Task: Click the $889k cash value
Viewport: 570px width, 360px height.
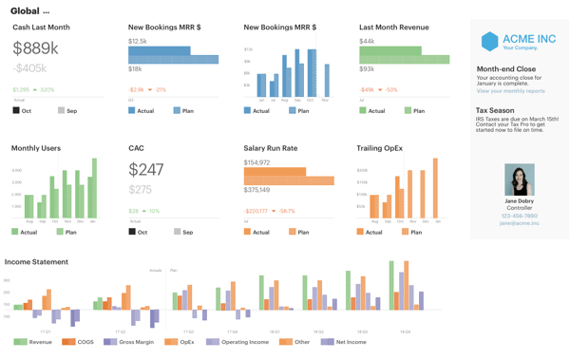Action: pyautogui.click(x=36, y=48)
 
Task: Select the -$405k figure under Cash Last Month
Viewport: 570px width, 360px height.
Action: pyautogui.click(x=29, y=68)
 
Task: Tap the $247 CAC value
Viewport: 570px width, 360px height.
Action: pyautogui.click(x=146, y=170)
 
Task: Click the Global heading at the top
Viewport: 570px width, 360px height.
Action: pyautogui.click(x=25, y=10)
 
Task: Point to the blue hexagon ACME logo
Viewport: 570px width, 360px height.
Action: pyautogui.click(x=489, y=41)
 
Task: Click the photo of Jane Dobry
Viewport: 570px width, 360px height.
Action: pyautogui.click(x=519, y=180)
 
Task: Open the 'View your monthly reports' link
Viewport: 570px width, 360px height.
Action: pyautogui.click(x=510, y=91)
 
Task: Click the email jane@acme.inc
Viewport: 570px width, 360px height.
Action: pyautogui.click(x=519, y=223)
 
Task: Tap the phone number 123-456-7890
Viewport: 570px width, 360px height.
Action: pyautogui.click(x=519, y=216)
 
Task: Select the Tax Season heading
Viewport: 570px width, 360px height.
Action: pyautogui.click(x=495, y=110)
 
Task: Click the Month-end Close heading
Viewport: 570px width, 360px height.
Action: pyautogui.click(x=505, y=69)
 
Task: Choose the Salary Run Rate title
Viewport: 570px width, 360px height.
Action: pyautogui.click(x=270, y=148)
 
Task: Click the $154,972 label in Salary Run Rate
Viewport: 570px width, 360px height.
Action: pyautogui.click(x=256, y=162)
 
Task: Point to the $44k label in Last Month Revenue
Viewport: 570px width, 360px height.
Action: pyautogui.click(x=367, y=42)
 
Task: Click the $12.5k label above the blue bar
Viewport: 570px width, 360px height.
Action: pyautogui.click(x=138, y=42)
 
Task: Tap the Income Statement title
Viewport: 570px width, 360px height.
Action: pyautogui.click(x=36, y=261)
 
